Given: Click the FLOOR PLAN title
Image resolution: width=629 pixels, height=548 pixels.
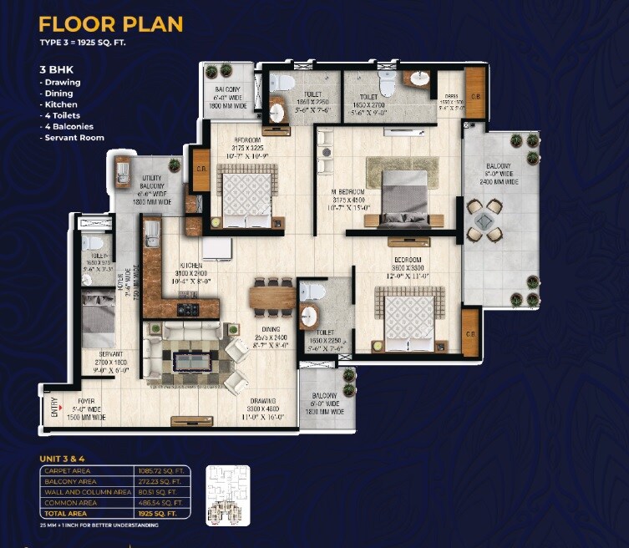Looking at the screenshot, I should pos(110,24).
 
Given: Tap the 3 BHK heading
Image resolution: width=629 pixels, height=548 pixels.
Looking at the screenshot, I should pos(55,71).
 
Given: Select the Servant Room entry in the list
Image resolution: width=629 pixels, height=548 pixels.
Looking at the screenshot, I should pos(74,137).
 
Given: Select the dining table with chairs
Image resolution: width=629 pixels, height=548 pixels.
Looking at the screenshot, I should pos(272,296).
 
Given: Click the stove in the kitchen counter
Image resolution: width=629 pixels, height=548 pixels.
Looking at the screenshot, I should pos(186,309).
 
